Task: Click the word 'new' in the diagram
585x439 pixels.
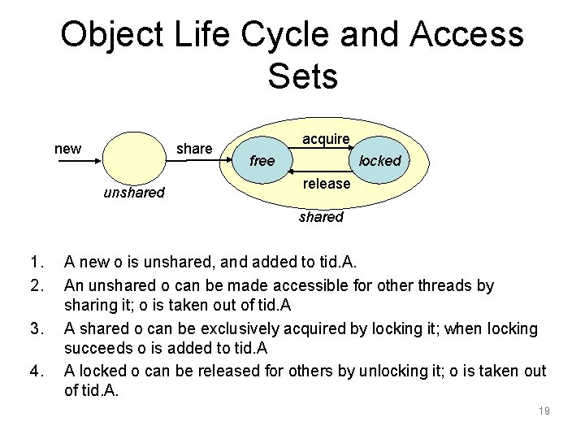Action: [x=67, y=149]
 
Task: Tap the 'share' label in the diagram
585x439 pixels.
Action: [x=194, y=149]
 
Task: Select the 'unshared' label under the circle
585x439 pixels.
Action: [x=134, y=193]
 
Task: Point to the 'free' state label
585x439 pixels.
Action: [x=262, y=161]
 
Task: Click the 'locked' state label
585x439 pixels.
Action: [x=380, y=161]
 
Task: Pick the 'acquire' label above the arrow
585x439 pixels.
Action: [x=326, y=140]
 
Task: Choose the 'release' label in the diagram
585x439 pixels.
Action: [x=327, y=184]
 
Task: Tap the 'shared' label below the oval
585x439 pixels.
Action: [x=321, y=217]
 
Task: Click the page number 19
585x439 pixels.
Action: [x=544, y=411]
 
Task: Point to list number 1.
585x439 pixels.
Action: [x=34, y=262]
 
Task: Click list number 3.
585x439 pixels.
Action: [x=34, y=328]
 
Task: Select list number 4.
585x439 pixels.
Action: [x=34, y=372]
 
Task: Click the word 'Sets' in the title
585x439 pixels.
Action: [x=301, y=78]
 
